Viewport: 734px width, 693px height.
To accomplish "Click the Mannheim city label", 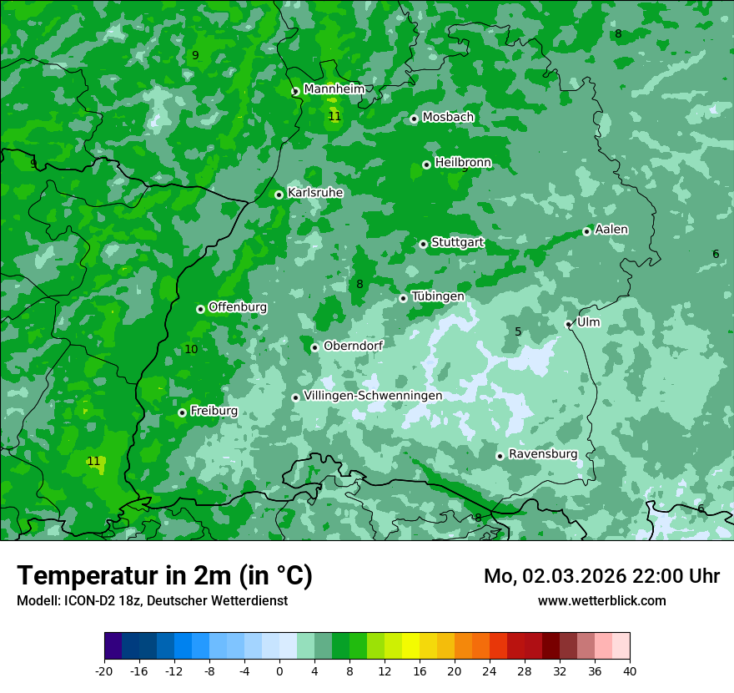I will point(334,89).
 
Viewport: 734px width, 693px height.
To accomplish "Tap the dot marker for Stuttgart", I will point(424,244).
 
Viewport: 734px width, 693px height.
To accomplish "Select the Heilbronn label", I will point(463,163).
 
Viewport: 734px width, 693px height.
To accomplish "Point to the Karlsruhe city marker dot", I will point(279,195).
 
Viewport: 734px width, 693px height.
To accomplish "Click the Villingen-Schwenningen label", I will point(373,396).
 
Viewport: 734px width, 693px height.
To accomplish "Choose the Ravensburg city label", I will point(542,454).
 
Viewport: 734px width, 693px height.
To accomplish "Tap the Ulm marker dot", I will point(569,324).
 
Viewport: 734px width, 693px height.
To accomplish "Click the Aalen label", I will point(611,230).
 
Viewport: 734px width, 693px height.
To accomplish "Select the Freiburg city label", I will point(214,411).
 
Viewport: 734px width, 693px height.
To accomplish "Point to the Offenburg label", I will point(238,307).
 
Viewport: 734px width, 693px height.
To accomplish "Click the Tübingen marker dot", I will point(404,298).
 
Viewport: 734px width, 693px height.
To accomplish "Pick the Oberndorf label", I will point(353,346).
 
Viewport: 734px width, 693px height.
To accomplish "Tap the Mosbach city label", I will point(448,118).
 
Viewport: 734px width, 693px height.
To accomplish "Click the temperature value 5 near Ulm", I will point(518,332).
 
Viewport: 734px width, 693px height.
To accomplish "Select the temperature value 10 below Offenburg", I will point(191,349).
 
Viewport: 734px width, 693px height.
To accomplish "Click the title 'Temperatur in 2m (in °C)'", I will point(165,576).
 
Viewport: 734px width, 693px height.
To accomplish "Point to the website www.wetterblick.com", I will point(601,600).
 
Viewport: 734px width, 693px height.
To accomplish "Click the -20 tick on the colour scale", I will point(104,670).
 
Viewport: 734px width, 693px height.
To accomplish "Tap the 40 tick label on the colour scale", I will point(630,670).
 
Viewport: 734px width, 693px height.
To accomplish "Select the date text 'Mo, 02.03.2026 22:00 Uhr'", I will point(601,576).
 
